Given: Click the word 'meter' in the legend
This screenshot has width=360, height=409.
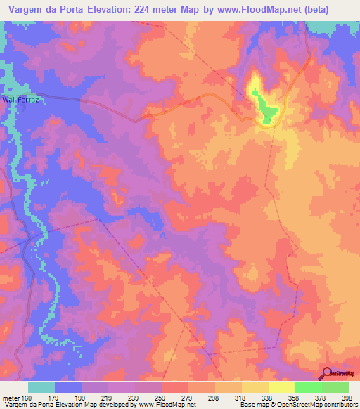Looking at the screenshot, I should (11, 397).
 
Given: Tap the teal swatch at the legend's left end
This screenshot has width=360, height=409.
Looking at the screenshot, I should (41, 387).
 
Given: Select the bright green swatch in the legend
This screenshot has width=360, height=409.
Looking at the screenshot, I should (308, 387).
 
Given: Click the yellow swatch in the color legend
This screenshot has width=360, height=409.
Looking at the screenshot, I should (281, 387).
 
